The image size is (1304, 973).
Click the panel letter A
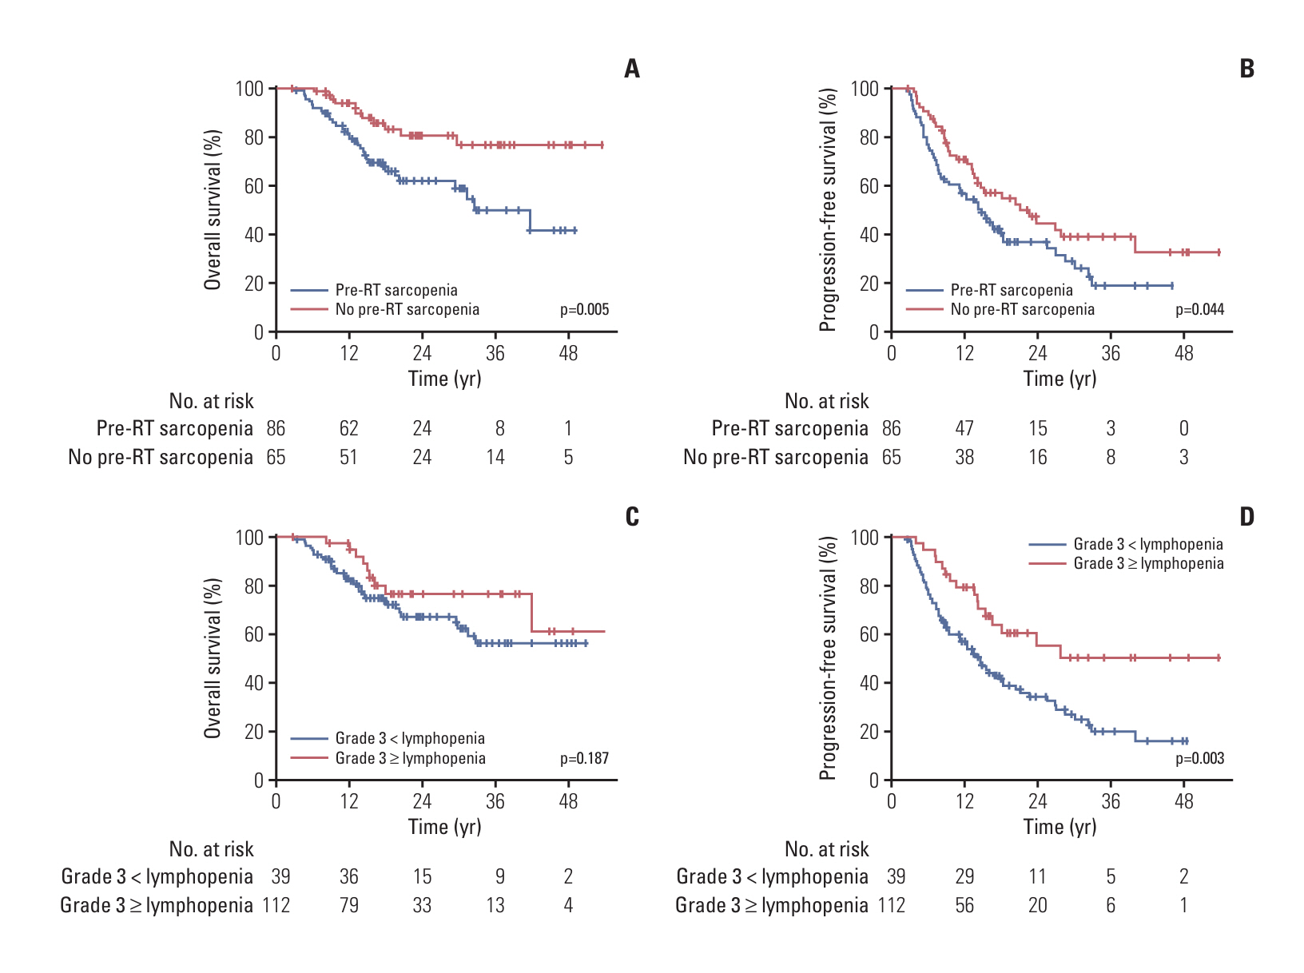click(632, 69)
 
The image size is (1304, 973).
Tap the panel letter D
click(1247, 518)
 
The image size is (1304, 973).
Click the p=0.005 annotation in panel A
click(584, 310)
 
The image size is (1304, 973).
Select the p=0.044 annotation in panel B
click(1199, 310)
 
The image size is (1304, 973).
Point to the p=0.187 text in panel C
click(584, 758)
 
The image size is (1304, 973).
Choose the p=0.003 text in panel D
click(1199, 758)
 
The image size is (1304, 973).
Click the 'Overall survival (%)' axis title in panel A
click(213, 209)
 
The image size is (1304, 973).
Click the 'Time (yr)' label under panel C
click(445, 827)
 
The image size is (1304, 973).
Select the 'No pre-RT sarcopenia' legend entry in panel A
click(407, 310)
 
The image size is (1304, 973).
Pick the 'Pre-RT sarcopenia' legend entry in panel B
click(1011, 290)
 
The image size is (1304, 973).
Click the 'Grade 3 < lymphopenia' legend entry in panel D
click(1147, 544)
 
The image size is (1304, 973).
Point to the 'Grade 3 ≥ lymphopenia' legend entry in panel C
click(410, 758)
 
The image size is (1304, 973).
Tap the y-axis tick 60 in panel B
click(869, 186)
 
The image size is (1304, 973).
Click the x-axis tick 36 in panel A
click(495, 353)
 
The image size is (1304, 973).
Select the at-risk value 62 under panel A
click(349, 429)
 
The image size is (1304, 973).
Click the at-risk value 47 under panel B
click(964, 429)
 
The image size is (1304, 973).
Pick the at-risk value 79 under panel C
click(349, 906)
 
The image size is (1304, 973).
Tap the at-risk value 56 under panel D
click(964, 906)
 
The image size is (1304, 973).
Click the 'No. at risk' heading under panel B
click(826, 401)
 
